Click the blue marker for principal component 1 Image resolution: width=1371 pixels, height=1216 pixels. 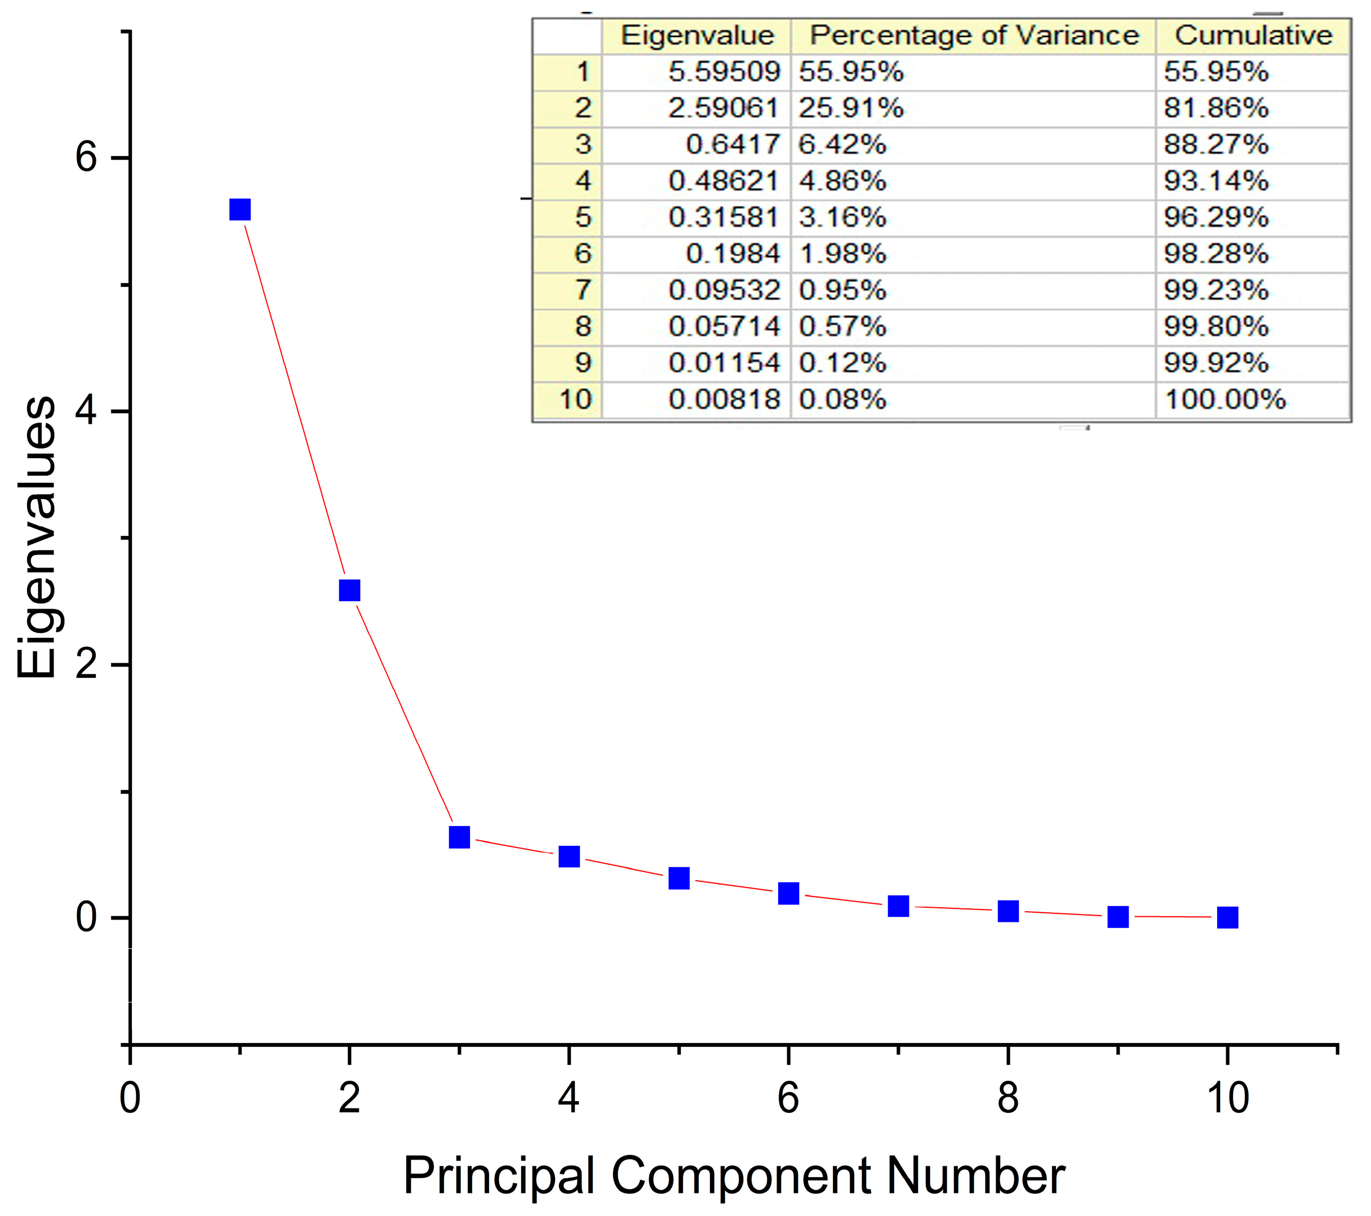[x=240, y=210]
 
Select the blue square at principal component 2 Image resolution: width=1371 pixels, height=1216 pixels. [x=349, y=590]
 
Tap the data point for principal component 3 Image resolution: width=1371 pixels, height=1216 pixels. [x=459, y=837]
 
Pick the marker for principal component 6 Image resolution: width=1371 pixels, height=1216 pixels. [x=789, y=893]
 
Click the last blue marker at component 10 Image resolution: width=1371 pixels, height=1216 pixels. [x=1227, y=917]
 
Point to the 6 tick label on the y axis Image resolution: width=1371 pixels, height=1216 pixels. [x=87, y=158]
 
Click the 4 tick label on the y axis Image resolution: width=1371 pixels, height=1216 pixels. [x=87, y=411]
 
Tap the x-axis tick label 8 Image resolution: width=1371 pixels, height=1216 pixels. [x=1008, y=1098]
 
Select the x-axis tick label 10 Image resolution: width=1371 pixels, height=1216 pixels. [x=1227, y=1098]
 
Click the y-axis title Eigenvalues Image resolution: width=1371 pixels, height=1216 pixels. [x=37, y=537]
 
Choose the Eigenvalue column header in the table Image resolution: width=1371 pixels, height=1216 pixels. [x=698, y=35]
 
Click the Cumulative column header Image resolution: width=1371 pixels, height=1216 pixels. [x=1254, y=35]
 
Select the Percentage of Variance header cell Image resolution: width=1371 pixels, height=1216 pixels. [x=974, y=35]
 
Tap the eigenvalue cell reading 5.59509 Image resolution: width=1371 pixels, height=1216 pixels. [x=725, y=72]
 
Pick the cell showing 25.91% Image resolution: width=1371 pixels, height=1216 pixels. [x=851, y=108]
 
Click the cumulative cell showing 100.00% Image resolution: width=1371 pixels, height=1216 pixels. [x=1225, y=400]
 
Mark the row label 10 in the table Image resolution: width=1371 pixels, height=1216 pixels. [x=575, y=400]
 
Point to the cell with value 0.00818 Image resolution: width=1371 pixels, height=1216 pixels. [x=725, y=400]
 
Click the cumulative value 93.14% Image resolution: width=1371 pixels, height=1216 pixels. [x=1216, y=181]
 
